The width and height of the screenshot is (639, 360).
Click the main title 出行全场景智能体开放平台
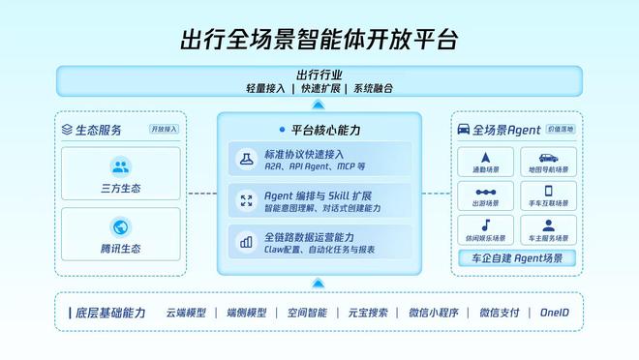coord(319,40)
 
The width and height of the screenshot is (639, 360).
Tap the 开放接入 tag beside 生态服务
coord(164,130)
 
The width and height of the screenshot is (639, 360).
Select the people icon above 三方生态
coord(121,166)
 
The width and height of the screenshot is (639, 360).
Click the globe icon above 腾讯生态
coord(121,227)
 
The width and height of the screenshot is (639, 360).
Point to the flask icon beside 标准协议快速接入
coord(246,156)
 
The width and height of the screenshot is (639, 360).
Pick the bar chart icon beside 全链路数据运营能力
coord(246,241)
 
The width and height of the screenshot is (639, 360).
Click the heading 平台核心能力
coord(323,129)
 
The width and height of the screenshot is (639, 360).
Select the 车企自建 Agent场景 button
coord(517,258)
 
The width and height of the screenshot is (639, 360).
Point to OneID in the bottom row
coord(553,313)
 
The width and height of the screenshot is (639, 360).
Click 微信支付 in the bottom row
coord(499,313)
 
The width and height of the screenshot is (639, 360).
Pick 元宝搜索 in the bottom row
coord(368,313)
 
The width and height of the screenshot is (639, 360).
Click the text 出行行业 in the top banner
coord(319,74)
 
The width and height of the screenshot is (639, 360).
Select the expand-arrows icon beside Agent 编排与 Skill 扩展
coord(246,199)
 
